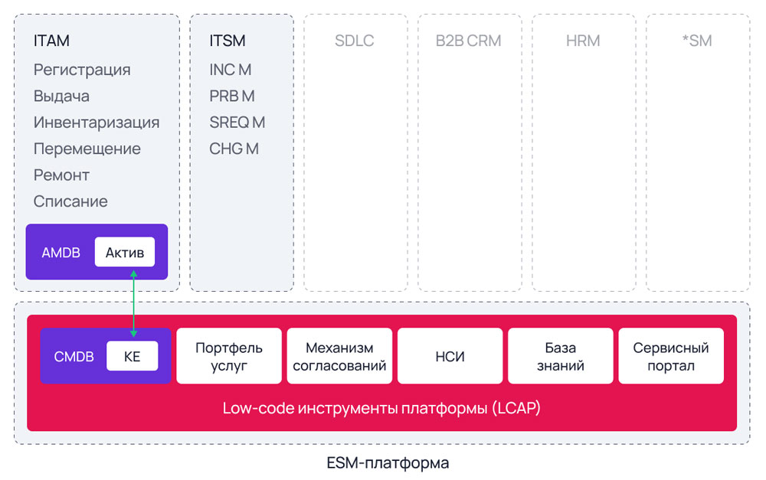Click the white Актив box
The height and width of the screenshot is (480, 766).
(x=125, y=252)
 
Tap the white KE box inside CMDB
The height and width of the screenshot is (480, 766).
(x=132, y=356)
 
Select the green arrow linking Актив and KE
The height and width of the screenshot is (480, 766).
(x=133, y=303)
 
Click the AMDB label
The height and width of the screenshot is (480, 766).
(x=61, y=252)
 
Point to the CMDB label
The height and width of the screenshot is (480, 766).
(x=74, y=356)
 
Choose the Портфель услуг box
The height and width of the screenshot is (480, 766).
(x=228, y=356)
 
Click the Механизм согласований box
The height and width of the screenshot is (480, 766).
(x=339, y=356)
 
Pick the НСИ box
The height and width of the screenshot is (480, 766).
(x=450, y=356)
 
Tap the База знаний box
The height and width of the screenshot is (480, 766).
(x=560, y=356)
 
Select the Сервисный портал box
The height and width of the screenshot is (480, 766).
(x=670, y=356)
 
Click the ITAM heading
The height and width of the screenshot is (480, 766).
(x=51, y=41)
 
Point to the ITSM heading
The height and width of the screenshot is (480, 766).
(x=228, y=41)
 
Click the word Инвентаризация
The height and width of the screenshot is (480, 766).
(x=97, y=122)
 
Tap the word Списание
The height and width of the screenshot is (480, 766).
(x=70, y=201)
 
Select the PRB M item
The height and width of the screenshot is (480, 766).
(x=232, y=96)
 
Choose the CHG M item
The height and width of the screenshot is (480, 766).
(x=234, y=149)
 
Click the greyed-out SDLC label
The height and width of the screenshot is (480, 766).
(x=354, y=41)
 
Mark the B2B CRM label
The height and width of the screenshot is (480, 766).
(x=468, y=41)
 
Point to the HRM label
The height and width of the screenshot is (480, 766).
(x=583, y=41)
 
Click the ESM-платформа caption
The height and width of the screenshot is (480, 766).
(x=388, y=463)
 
